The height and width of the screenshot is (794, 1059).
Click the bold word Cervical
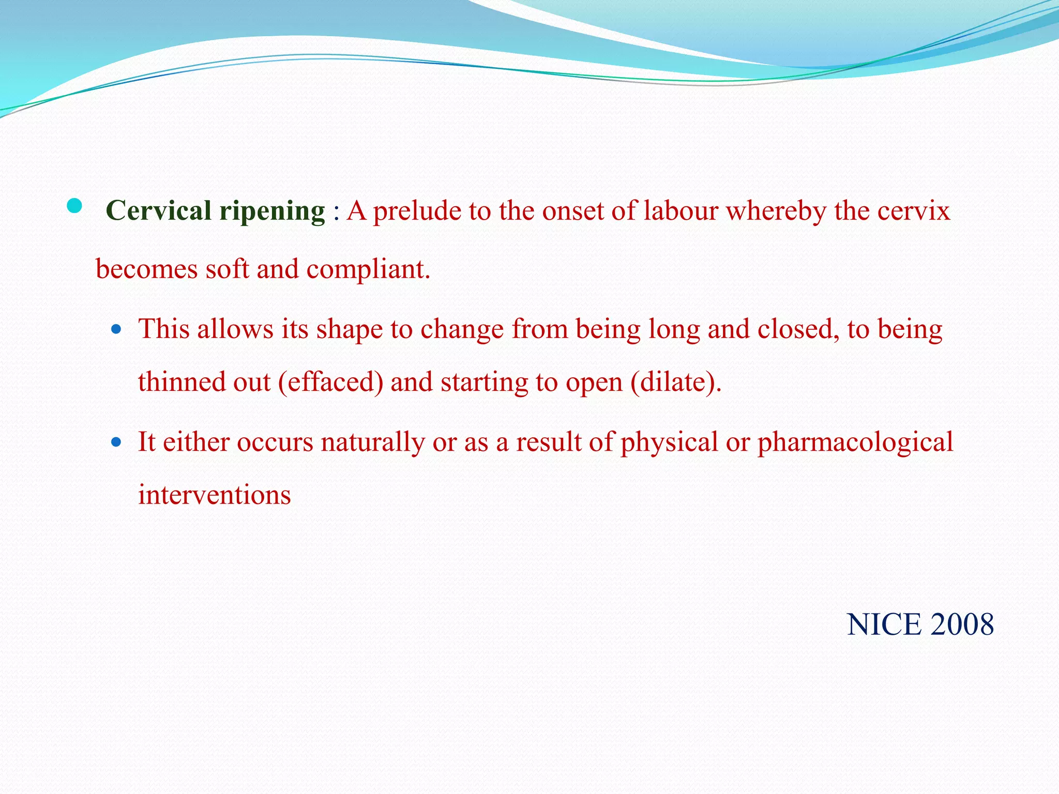point(158,211)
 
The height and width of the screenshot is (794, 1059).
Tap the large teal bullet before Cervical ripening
point(74,206)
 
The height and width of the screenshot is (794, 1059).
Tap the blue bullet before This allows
point(116,329)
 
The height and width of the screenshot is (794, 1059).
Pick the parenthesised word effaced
point(330,383)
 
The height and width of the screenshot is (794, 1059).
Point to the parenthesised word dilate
point(675,383)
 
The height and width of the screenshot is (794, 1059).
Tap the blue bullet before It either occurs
point(116,442)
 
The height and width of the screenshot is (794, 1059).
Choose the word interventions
point(214,495)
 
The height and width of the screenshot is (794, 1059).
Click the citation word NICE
point(884,624)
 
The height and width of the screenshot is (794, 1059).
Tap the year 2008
point(962,624)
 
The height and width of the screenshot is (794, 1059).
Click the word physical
point(669,443)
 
